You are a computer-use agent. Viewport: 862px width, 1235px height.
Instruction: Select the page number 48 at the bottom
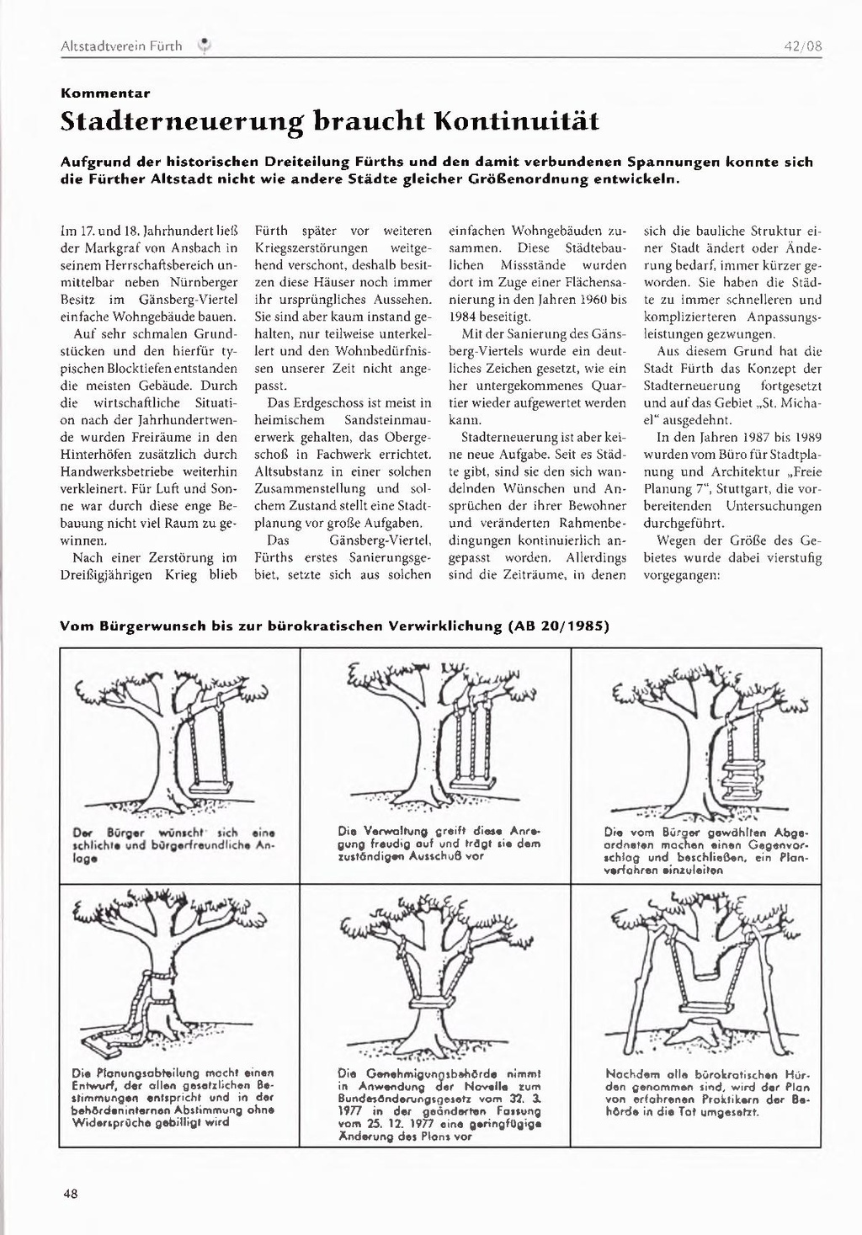click(x=70, y=1193)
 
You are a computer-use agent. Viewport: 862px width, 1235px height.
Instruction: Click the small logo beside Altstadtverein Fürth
click(x=203, y=46)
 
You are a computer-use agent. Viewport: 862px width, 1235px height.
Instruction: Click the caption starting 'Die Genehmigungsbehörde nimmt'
click(x=439, y=1104)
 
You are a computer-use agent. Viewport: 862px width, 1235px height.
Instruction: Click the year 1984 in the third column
click(x=466, y=317)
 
